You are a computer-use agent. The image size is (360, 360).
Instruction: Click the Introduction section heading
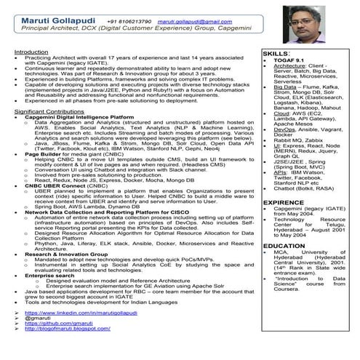pos(31,52)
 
